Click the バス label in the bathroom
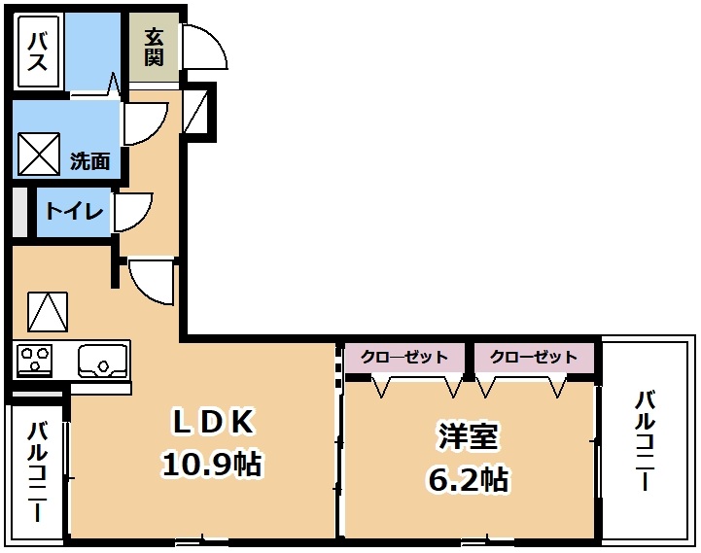38,52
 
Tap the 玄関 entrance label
154,47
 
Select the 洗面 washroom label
89,161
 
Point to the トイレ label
75,211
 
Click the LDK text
212,422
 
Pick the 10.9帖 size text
211,464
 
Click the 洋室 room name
468,436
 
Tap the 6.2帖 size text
468,479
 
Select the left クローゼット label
404,357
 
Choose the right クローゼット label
534,357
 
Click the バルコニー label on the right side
646,440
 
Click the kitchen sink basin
102,362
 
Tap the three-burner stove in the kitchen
34,360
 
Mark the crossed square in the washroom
39,155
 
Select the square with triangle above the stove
48,312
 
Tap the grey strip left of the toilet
19,212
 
